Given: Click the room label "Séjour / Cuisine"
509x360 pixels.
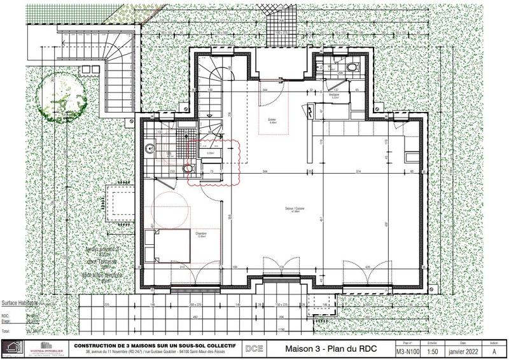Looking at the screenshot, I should click(295, 211).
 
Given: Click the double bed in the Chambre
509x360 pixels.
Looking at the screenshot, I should click(163, 246).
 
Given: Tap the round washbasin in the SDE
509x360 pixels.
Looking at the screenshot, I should click(150, 150).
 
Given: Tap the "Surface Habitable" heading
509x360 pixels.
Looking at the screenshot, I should click(22, 304).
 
